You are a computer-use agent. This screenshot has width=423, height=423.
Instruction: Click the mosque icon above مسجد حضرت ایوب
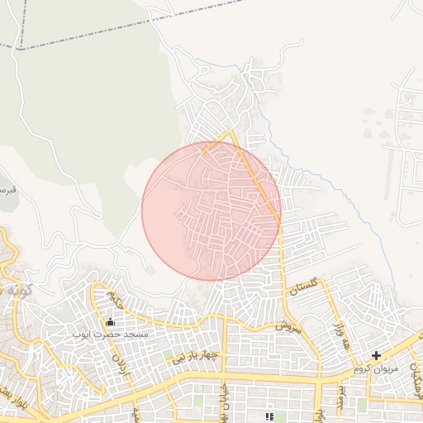click(x=111, y=322)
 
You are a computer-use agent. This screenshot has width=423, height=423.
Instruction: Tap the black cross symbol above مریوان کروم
click(x=377, y=356)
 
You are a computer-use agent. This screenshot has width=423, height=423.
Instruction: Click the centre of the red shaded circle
click(x=211, y=211)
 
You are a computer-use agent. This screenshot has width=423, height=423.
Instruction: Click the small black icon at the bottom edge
click(x=269, y=416)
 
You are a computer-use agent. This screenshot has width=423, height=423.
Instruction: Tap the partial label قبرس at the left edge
click(x=8, y=189)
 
